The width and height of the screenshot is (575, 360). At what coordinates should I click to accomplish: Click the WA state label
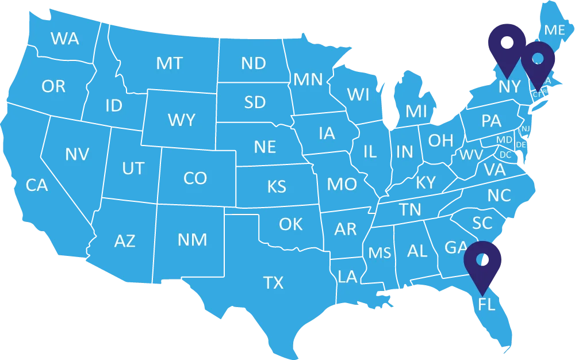pos(65,39)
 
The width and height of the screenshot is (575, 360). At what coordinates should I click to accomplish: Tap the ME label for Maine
pos(554,30)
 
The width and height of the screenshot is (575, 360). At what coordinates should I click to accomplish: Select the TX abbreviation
pos(273,283)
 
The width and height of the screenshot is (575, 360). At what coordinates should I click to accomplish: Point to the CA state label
pos(37,185)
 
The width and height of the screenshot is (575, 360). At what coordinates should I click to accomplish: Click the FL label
pos(486,304)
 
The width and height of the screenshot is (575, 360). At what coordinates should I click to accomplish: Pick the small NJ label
pos(526,129)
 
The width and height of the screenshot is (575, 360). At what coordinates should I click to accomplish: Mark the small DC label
pos(505,155)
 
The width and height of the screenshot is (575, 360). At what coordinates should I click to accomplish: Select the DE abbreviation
pos(521,144)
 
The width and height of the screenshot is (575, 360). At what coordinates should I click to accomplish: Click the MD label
pos(504,140)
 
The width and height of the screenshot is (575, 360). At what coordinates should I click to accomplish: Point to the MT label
pos(169,63)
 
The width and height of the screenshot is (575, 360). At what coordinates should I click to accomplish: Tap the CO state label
pos(195,178)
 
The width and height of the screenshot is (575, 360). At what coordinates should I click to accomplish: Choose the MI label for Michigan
pos(416,112)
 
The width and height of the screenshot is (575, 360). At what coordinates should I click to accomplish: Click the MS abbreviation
pos(379,253)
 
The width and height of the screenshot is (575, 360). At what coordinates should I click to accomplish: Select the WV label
pos(471,155)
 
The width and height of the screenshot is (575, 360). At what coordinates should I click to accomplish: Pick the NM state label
pos(192,239)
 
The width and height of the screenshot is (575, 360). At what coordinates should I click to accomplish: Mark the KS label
pos(277,187)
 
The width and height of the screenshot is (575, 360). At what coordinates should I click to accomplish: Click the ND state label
pos(253,63)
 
